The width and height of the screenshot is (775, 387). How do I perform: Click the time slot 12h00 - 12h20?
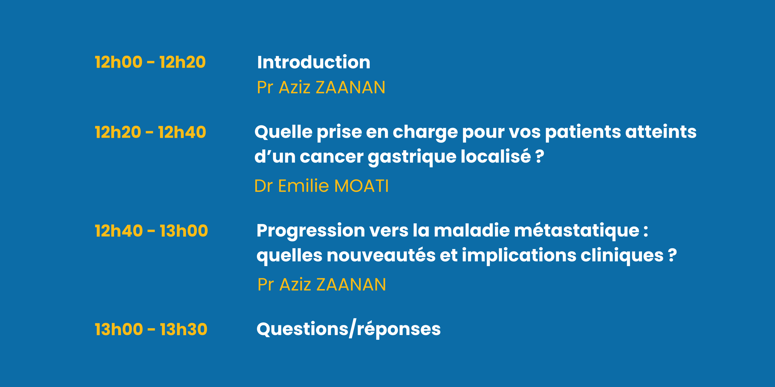[x=150, y=62]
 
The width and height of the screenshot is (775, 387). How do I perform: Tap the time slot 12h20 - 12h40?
[x=150, y=132]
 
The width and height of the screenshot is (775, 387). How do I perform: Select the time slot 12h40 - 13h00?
[x=151, y=231]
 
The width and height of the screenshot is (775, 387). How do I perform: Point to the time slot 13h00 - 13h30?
[x=151, y=329]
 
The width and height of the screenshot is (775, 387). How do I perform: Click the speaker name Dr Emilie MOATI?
[x=321, y=186]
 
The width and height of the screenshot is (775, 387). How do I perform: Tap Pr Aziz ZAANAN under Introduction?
[x=321, y=87]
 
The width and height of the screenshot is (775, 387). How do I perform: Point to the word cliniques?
[x=622, y=256]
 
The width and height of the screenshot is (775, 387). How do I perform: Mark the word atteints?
[x=661, y=132]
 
